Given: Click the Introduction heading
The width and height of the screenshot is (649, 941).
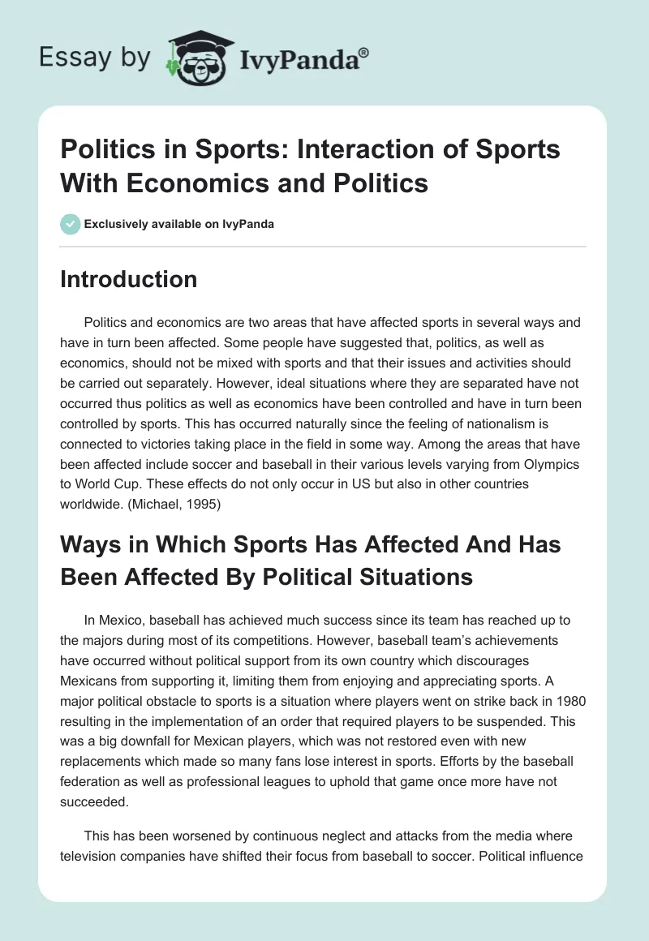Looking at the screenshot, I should pyautogui.click(x=129, y=279).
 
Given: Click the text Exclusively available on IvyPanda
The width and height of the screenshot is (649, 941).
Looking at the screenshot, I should pyautogui.click(x=178, y=224).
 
